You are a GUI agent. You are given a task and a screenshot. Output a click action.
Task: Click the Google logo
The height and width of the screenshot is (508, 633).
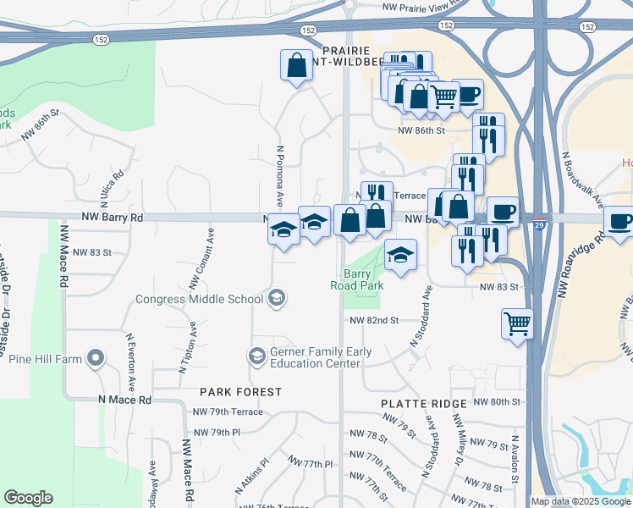click(28, 498)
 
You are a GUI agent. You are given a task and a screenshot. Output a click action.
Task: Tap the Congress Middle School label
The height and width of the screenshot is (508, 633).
click(200, 299)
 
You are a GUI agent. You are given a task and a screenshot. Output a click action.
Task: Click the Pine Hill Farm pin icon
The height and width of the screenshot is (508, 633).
click(96, 359)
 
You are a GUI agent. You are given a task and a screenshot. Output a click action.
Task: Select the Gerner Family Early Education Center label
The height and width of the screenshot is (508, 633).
click(315, 357)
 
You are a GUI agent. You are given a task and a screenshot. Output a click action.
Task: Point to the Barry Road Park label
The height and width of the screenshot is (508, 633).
click(363, 279)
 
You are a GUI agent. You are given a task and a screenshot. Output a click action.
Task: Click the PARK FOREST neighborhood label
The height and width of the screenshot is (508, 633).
click(241, 392)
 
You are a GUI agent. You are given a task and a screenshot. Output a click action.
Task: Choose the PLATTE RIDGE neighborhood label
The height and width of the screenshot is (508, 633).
click(423, 404)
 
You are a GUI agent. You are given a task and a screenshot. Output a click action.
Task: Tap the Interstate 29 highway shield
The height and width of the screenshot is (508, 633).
click(540, 224)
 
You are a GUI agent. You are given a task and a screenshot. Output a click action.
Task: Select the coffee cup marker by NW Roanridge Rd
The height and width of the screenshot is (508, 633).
click(619, 222)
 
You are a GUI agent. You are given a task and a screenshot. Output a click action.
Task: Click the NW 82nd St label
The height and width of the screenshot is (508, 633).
click(374, 321)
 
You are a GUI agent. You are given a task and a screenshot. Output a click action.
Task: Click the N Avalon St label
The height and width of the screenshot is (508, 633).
click(515, 461)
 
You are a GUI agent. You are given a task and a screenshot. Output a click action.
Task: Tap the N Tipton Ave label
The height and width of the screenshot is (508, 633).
click(187, 347)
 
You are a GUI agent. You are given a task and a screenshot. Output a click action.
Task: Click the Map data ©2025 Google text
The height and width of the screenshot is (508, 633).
click(581, 501)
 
